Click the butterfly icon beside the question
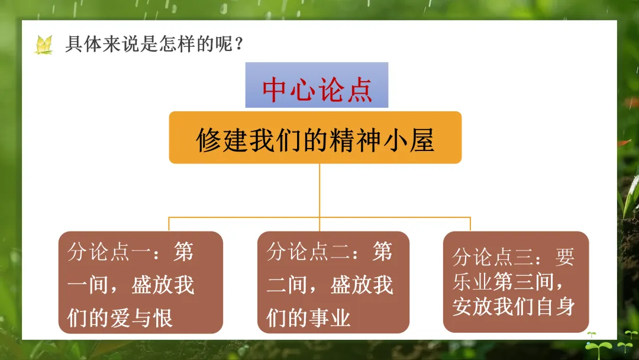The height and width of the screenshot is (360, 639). [x=44, y=45]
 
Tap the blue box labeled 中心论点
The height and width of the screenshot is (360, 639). [x=317, y=85]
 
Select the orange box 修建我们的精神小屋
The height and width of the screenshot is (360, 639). [x=315, y=137]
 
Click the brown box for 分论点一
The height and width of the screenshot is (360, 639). [x=140, y=282]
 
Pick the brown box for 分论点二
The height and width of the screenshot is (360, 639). [x=333, y=282]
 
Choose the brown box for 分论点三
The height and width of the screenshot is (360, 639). [x=515, y=282]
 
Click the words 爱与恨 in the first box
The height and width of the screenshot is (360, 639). [x=141, y=318]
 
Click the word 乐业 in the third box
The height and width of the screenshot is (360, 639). [x=473, y=282]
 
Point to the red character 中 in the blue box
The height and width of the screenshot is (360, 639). [x=276, y=90]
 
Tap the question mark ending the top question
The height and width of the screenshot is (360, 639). [x=239, y=45]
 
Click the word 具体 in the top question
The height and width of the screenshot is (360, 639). [x=76, y=45]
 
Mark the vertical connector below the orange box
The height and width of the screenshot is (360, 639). [x=319, y=189]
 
